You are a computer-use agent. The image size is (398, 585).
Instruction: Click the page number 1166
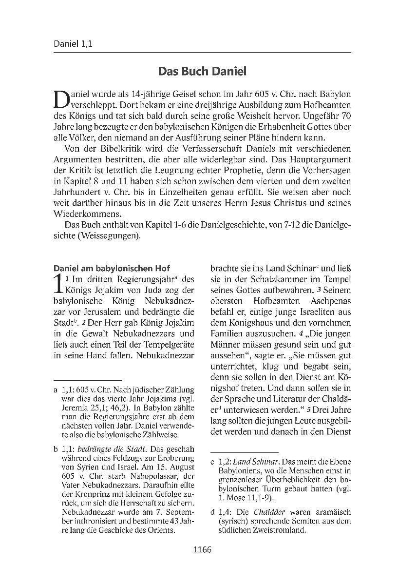202,550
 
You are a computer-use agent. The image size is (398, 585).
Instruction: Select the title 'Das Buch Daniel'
202,72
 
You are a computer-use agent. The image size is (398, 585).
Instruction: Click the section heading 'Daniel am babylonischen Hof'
112,268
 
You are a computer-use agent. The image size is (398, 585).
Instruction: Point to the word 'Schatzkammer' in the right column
259,279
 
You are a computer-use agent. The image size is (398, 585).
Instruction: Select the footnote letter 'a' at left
56,390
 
